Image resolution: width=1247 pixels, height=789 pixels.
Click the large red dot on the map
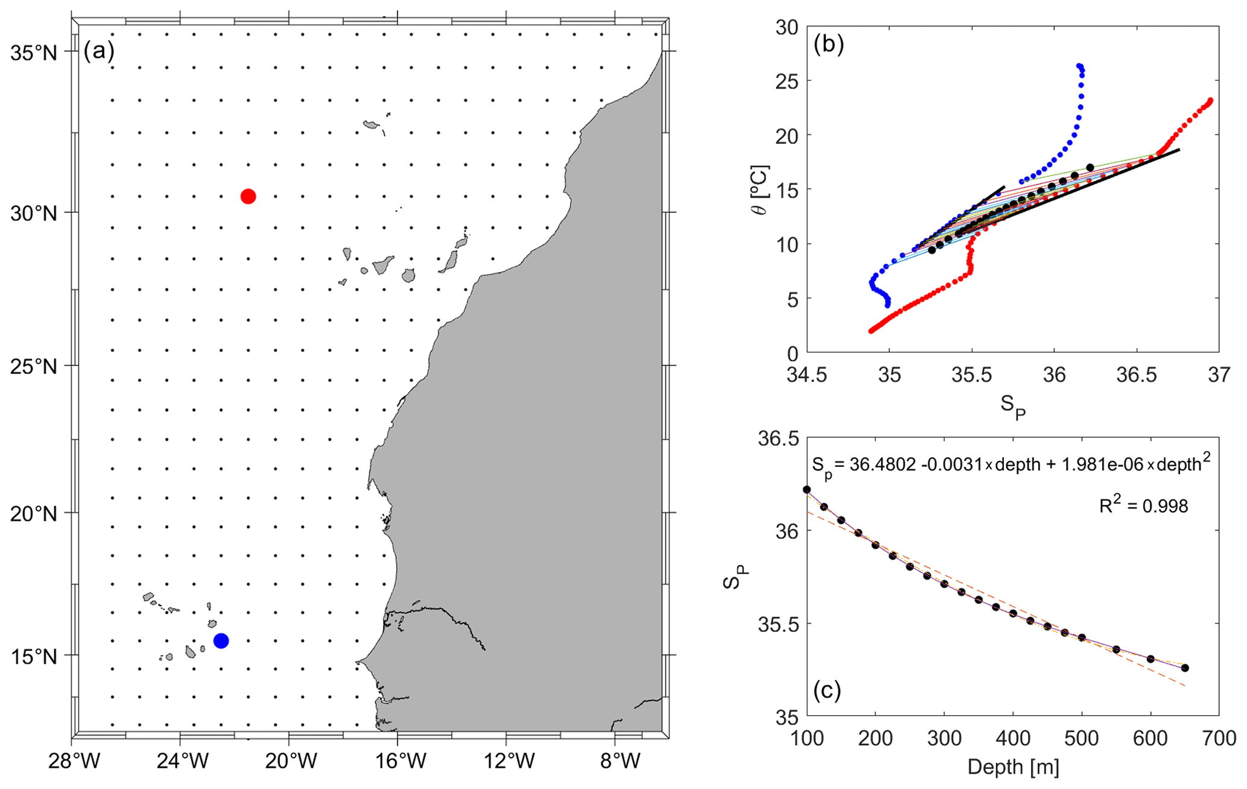click(x=248, y=196)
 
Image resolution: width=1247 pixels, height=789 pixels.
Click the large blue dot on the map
click(x=221, y=641)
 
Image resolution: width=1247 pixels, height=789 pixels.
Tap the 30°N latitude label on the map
click(x=33, y=213)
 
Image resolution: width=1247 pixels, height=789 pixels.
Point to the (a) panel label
click(x=99, y=51)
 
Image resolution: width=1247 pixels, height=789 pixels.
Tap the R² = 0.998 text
click(x=1143, y=505)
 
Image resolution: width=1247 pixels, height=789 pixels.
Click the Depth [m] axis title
click(x=1013, y=767)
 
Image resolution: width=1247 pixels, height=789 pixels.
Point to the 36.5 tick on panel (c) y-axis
click(x=778, y=438)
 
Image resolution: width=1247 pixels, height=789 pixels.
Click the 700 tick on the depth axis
click(x=1219, y=739)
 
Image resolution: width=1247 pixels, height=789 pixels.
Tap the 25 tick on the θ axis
click(x=784, y=81)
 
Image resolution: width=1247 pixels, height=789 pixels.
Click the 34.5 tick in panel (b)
click(x=807, y=375)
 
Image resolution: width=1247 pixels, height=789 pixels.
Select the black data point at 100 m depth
click(x=807, y=489)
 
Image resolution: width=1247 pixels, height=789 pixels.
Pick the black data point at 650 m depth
click(x=1185, y=668)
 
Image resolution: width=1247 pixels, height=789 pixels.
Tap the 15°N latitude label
click(x=33, y=656)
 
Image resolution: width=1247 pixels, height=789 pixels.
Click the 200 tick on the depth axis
click(x=875, y=739)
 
